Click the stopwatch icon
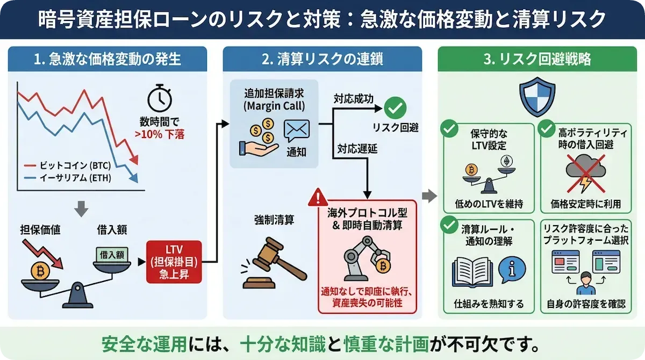(x=160, y=99)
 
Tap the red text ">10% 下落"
(x=160, y=134)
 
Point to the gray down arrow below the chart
(x=81, y=208)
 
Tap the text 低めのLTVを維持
(x=488, y=204)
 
